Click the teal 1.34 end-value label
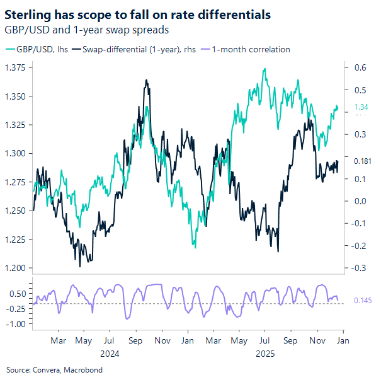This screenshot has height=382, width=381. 361,107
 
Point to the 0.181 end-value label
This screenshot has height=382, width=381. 362,161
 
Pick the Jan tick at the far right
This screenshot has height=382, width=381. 343,341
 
